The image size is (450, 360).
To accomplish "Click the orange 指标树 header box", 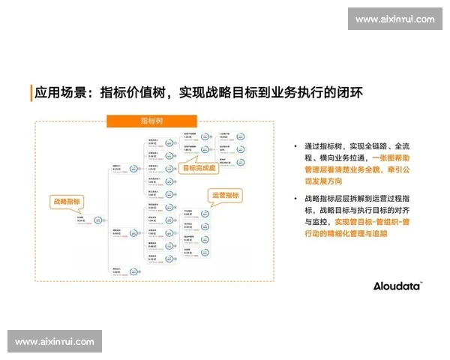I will coord(151,121).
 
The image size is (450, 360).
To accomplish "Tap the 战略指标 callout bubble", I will coord(66,202).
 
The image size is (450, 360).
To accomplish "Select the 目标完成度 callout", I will coord(199,168).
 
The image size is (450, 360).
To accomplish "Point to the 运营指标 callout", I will coord(226,195).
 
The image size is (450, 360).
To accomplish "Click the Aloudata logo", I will coord(397,286).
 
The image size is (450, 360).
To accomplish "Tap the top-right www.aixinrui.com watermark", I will coord(394,19).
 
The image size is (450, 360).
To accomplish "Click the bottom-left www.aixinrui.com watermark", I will coord(55,342).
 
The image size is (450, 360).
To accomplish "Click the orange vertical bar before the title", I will coord(31,93).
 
